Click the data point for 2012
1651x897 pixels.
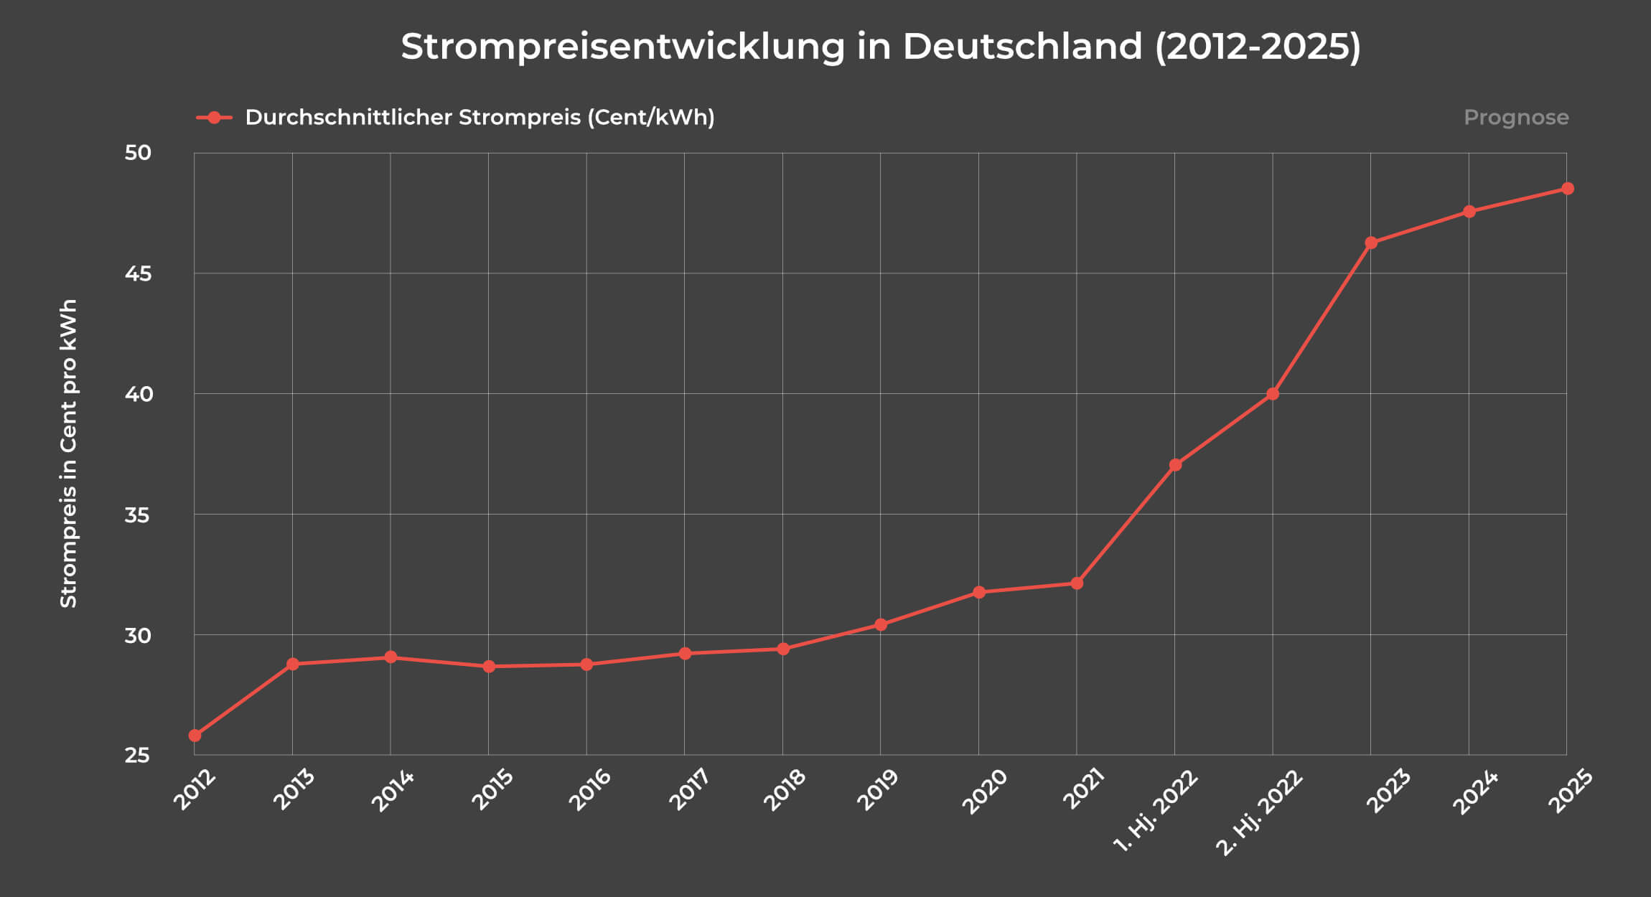(x=195, y=736)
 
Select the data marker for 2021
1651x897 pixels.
(x=1077, y=583)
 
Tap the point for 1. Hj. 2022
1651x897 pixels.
(x=1175, y=465)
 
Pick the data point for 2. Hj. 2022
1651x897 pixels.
(x=1273, y=394)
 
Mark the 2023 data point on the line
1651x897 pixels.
(x=1371, y=243)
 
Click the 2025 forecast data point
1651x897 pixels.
(x=1568, y=189)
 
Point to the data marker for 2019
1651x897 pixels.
(x=881, y=625)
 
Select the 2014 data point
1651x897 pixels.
(x=390, y=657)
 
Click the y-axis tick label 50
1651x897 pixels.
(x=138, y=153)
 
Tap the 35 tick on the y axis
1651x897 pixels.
(x=138, y=515)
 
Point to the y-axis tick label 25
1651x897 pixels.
(x=138, y=755)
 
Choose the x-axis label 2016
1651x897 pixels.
(x=589, y=789)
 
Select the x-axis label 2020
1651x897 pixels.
(x=984, y=792)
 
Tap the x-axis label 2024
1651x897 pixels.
(x=1475, y=792)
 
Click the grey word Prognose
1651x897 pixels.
(x=1516, y=117)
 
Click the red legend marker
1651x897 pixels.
(x=214, y=118)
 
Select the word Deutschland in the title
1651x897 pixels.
(x=1022, y=47)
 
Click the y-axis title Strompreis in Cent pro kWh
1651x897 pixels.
(x=68, y=454)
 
